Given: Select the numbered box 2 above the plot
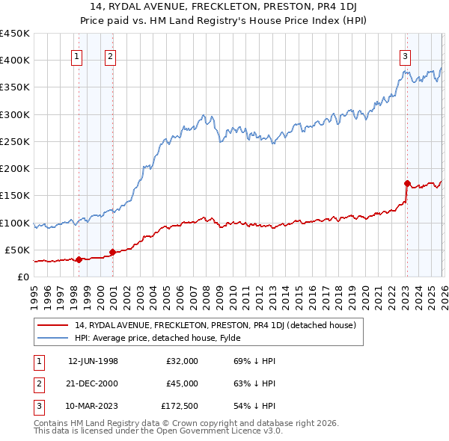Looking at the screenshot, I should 110,55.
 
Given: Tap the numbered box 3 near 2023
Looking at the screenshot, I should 405,55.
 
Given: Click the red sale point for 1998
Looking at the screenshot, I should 79,259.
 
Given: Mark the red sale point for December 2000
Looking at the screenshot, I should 112,253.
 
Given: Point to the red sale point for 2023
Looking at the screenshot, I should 407,183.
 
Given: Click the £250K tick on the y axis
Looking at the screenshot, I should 15,141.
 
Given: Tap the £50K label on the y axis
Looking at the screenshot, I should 17,250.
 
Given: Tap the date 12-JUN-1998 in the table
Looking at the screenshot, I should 93,361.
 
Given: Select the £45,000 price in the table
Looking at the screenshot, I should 182,383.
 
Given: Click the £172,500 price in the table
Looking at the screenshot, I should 179,406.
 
